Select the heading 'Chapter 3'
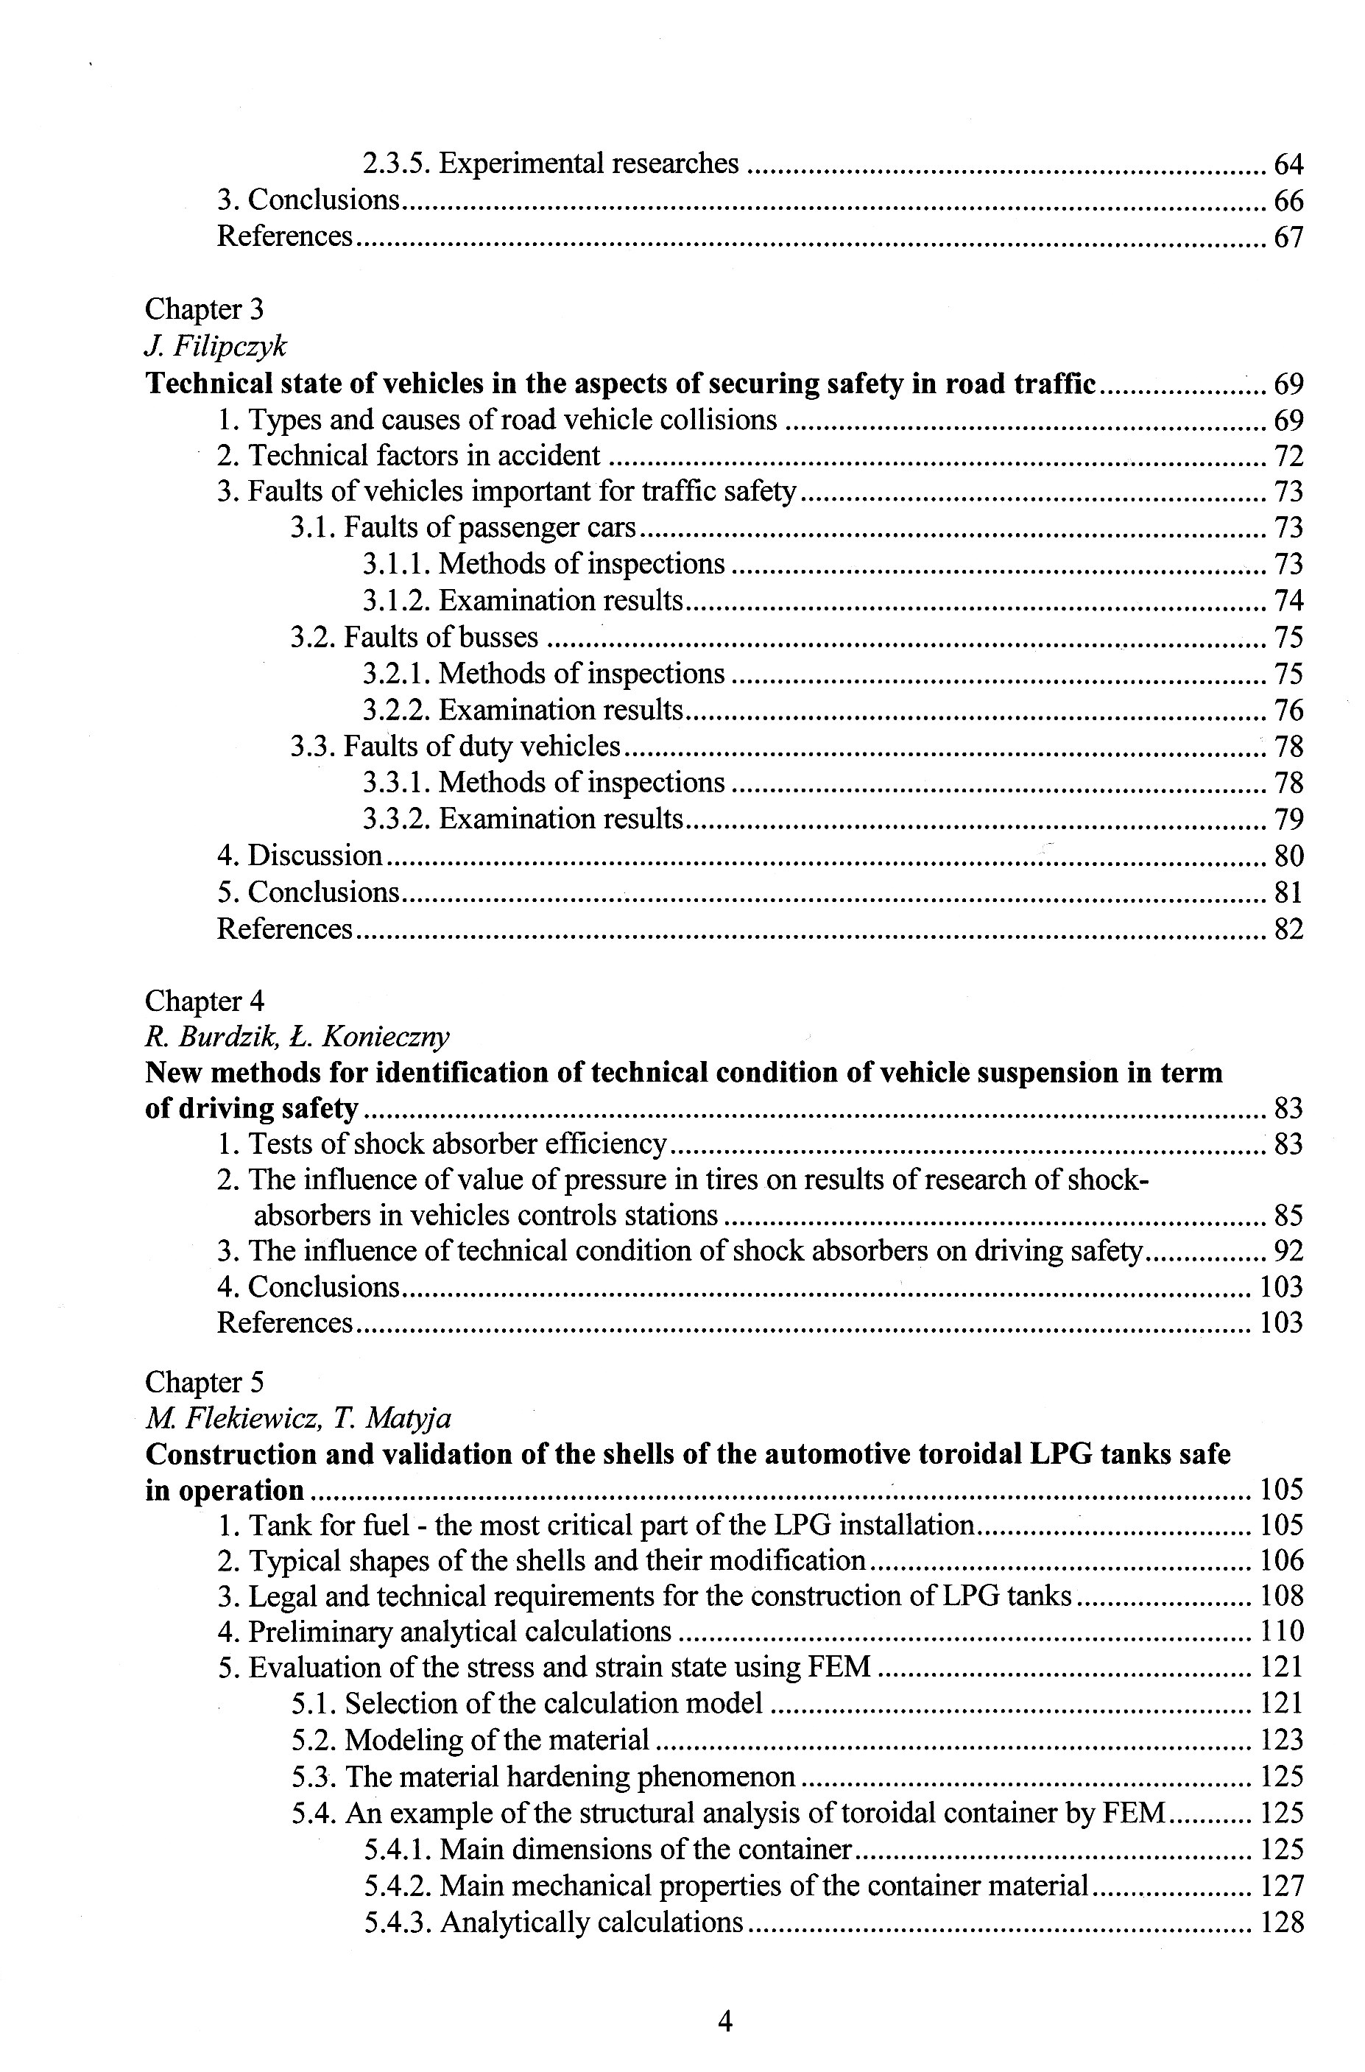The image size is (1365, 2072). pos(204,309)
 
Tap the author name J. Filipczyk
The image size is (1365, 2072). pos(215,347)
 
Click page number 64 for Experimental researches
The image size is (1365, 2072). pos(1288,164)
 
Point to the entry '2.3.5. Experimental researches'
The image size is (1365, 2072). pos(550,163)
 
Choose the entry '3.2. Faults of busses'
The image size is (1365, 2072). pos(415,637)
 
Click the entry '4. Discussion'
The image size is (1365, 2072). pos(300,856)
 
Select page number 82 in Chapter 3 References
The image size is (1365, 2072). pos(1288,930)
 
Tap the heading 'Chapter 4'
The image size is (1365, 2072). pos(204,1001)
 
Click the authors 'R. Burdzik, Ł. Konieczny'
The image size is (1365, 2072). pos(297,1037)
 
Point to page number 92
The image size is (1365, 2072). pos(1288,1251)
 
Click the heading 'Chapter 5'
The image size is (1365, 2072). pos(204,1383)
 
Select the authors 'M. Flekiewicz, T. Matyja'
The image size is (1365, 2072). pos(297,1419)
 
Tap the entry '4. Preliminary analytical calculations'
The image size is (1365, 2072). pos(444,1632)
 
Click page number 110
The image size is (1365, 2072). pos(1281,1632)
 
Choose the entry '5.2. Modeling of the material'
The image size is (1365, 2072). pos(470,1741)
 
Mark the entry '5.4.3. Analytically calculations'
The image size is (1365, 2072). pos(553,1923)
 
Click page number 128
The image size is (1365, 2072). pos(1281,1923)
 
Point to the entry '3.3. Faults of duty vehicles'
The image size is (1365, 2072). pos(455,746)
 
